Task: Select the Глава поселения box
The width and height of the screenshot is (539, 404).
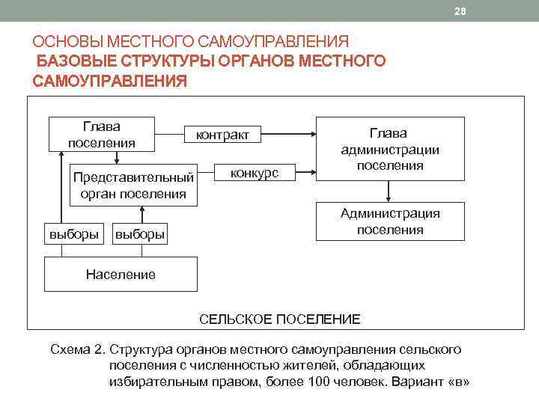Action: (x=101, y=134)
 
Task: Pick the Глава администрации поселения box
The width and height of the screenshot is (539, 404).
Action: (x=389, y=149)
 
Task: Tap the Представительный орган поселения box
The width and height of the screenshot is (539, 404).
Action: (x=133, y=185)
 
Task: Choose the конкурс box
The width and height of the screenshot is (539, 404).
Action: (x=255, y=174)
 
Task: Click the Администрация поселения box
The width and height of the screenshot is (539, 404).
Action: (x=389, y=221)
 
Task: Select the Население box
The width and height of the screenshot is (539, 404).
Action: (x=121, y=274)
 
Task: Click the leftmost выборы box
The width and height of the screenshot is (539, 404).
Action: (x=73, y=234)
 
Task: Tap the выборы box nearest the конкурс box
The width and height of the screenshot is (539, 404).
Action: (x=138, y=234)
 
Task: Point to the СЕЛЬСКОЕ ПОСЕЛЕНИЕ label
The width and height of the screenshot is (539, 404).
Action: (x=279, y=319)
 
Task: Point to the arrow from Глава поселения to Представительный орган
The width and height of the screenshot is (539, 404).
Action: (x=117, y=156)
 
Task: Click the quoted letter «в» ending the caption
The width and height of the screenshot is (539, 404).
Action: (x=456, y=381)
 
